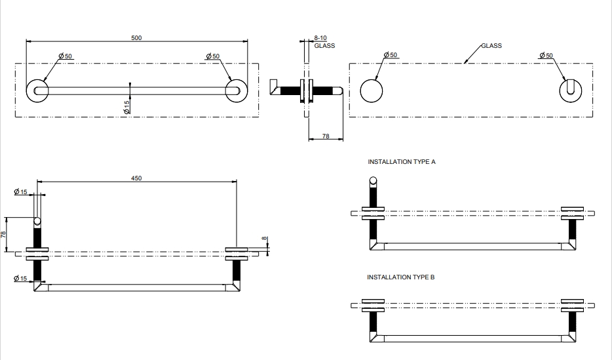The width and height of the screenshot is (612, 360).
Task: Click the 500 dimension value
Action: pyautogui.click(x=136, y=38)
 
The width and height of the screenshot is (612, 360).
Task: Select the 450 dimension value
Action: pyautogui.click(x=136, y=178)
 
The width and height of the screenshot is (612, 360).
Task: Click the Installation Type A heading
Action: pyautogui.click(x=401, y=161)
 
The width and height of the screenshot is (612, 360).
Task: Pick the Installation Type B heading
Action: pyautogui.click(x=401, y=277)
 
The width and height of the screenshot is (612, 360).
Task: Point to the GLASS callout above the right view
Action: pyautogui.click(x=491, y=46)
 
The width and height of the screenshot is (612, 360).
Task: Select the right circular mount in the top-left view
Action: pyautogui.click(x=235, y=90)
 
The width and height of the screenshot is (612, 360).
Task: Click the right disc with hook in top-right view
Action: pyautogui.click(x=572, y=90)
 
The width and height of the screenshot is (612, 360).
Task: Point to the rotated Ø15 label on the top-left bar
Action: pyautogui.click(x=127, y=105)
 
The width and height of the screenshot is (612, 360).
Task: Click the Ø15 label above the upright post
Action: pyautogui.click(x=20, y=192)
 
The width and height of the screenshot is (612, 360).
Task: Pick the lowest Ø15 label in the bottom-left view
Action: pyautogui.click(x=20, y=279)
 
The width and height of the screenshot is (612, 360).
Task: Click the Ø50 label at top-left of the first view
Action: pyautogui.click(x=65, y=56)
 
